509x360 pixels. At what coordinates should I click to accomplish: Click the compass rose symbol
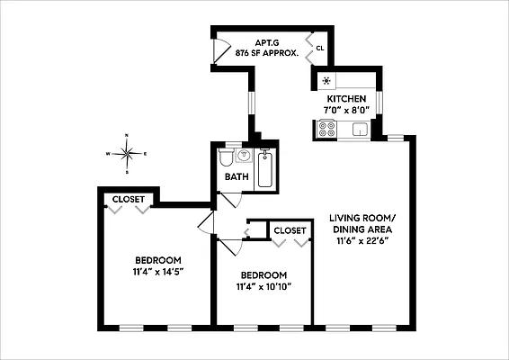tap(127, 153)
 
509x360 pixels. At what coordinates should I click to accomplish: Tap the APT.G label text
tap(265, 41)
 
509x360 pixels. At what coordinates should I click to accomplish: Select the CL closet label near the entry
tap(319, 48)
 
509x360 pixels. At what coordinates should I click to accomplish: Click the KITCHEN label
tap(346, 98)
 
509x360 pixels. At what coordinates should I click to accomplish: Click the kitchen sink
tap(360, 130)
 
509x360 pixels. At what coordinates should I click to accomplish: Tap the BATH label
tap(237, 177)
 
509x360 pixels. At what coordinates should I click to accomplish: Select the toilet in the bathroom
tap(226, 159)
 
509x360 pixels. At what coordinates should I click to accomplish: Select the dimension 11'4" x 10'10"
tap(263, 287)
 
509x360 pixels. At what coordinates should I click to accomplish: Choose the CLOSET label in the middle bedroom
tap(290, 231)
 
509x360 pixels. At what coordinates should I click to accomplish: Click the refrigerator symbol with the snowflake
tap(326, 80)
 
